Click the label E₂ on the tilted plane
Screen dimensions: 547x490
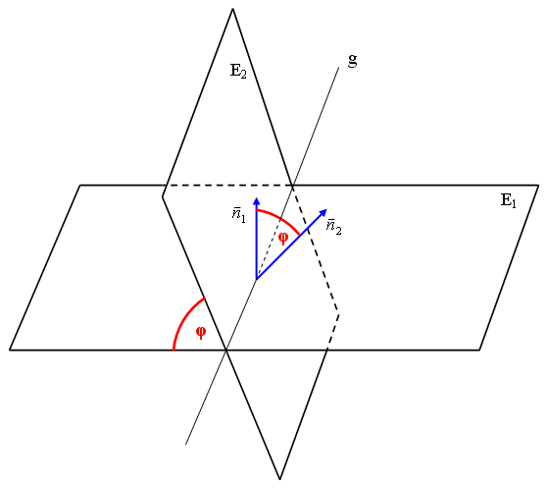(238, 71)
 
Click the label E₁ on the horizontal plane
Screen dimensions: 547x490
(508, 200)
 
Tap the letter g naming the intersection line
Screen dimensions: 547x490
(352, 61)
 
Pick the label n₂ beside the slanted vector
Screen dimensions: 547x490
(334, 228)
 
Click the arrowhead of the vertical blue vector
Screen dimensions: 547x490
(257, 201)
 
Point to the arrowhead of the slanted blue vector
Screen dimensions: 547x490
(323, 212)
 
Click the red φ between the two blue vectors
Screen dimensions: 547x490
(283, 239)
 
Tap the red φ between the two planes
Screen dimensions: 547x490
(201, 332)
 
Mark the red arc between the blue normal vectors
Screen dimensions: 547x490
(281, 218)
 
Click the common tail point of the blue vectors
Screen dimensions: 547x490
(257, 279)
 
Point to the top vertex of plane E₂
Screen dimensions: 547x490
(232, 9)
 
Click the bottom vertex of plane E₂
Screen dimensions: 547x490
(279, 479)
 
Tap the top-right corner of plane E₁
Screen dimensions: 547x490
(538, 186)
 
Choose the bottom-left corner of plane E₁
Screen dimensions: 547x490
(10, 350)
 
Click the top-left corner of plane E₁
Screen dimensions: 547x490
(80, 186)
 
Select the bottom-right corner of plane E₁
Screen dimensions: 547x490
(479, 350)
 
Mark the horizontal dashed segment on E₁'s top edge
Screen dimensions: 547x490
(228, 186)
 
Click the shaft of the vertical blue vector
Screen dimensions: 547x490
(257, 243)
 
